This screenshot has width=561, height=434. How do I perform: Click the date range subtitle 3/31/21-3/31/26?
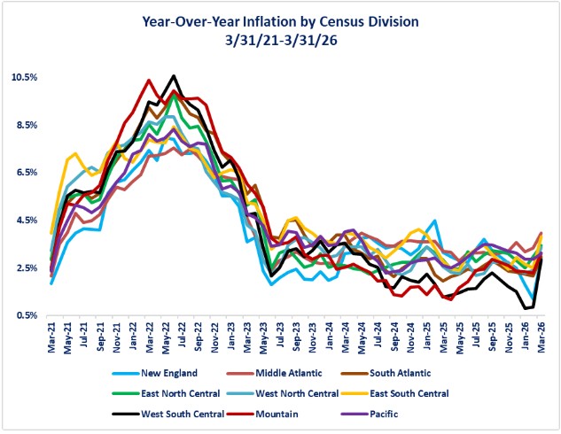pyautogui.click(x=280, y=40)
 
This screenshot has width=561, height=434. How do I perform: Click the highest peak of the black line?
pyautogui.click(x=174, y=76)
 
